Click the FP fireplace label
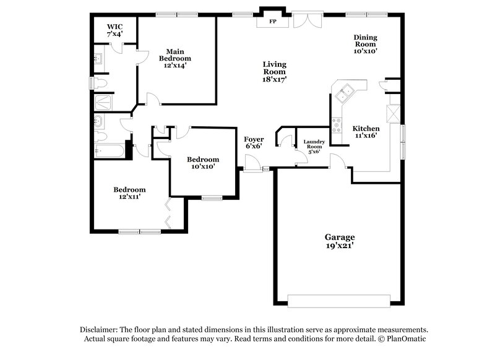[x=272, y=22]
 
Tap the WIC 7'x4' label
[x=114, y=30]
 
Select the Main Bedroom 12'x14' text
[x=174, y=58]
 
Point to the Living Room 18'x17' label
[x=274, y=71]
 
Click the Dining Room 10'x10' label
[x=365, y=45]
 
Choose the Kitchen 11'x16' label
[x=366, y=132]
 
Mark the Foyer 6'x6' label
[x=253, y=143]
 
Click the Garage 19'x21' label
[x=340, y=241]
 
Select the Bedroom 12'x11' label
[x=129, y=193]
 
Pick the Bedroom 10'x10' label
[x=203, y=162]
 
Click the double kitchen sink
[x=345, y=92]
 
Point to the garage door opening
[x=339, y=301]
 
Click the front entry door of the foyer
[x=252, y=165]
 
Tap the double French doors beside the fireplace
[x=308, y=20]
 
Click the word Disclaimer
[x=99, y=330]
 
